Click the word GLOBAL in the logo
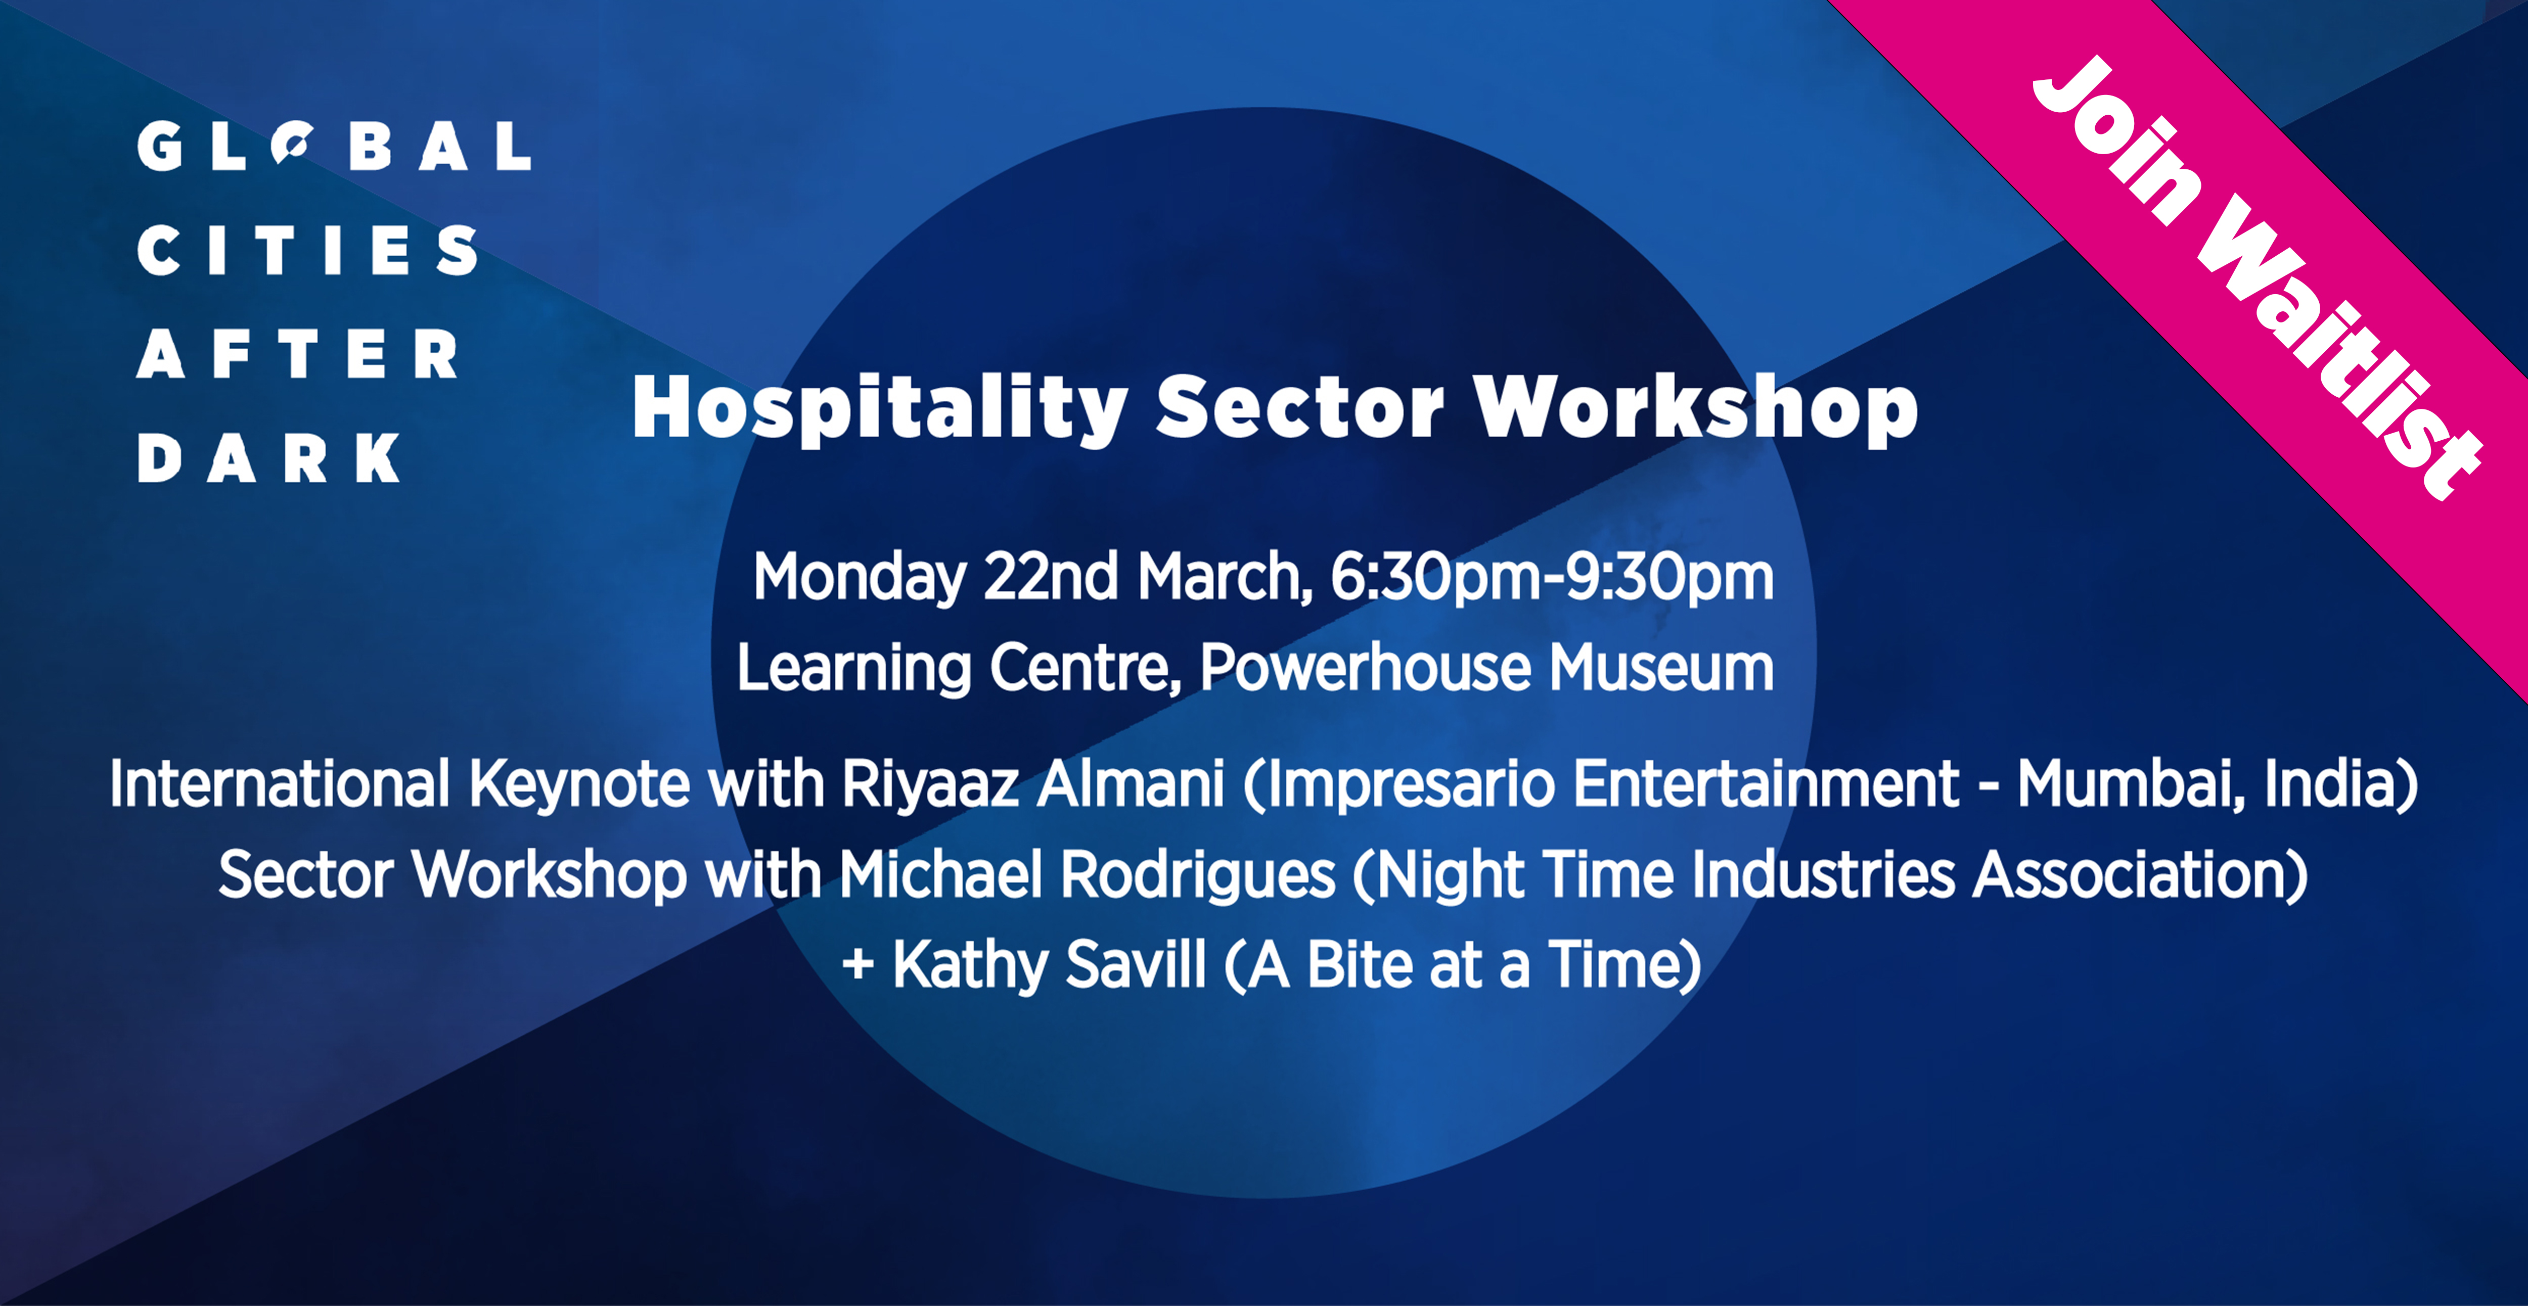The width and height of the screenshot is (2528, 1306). pos(335,146)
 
